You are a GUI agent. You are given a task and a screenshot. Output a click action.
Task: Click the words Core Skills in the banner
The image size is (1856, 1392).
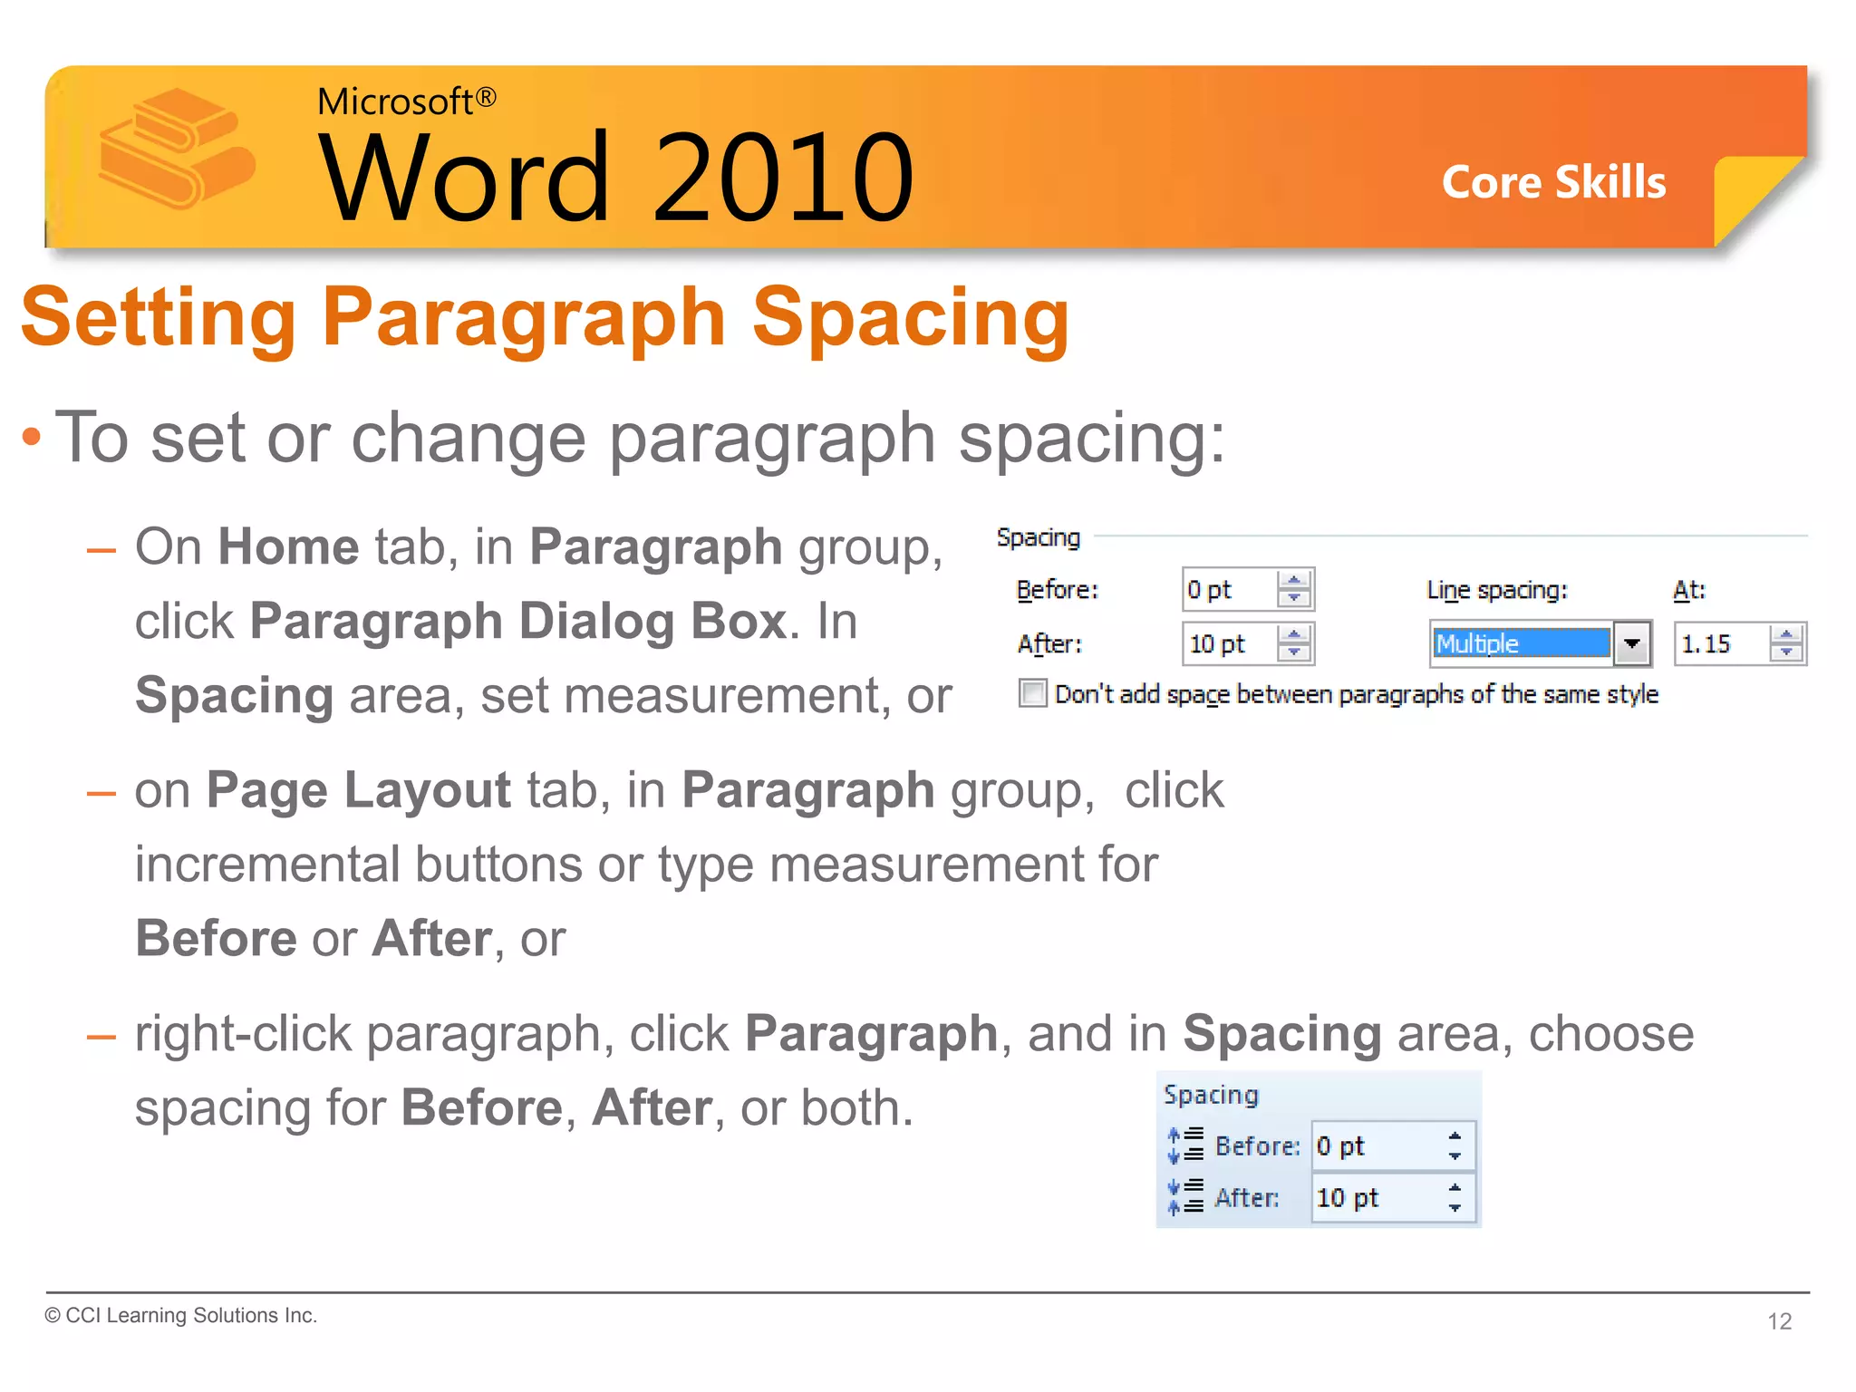(1553, 182)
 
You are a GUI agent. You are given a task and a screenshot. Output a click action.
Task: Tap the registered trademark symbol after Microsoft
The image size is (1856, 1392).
(486, 97)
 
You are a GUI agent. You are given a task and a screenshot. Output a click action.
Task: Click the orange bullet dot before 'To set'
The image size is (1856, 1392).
(32, 438)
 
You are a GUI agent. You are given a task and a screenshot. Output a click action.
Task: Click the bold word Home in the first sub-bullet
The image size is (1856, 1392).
(288, 547)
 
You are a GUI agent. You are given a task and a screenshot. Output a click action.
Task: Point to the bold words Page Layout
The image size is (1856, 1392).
(358, 790)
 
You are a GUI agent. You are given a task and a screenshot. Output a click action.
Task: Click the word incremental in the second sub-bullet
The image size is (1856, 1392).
(267, 865)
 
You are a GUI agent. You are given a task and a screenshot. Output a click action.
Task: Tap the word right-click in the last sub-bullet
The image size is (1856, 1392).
(242, 1034)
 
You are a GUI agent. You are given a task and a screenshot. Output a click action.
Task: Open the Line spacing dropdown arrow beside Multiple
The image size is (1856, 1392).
(1631, 644)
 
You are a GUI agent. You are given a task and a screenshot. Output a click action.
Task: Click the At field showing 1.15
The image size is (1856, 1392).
(1720, 644)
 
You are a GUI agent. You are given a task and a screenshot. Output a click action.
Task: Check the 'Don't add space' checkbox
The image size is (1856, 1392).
(1032, 693)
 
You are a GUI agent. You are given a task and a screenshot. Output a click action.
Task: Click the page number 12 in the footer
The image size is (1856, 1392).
(1779, 1321)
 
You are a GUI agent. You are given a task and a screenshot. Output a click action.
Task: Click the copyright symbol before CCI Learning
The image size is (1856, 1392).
(53, 1316)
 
